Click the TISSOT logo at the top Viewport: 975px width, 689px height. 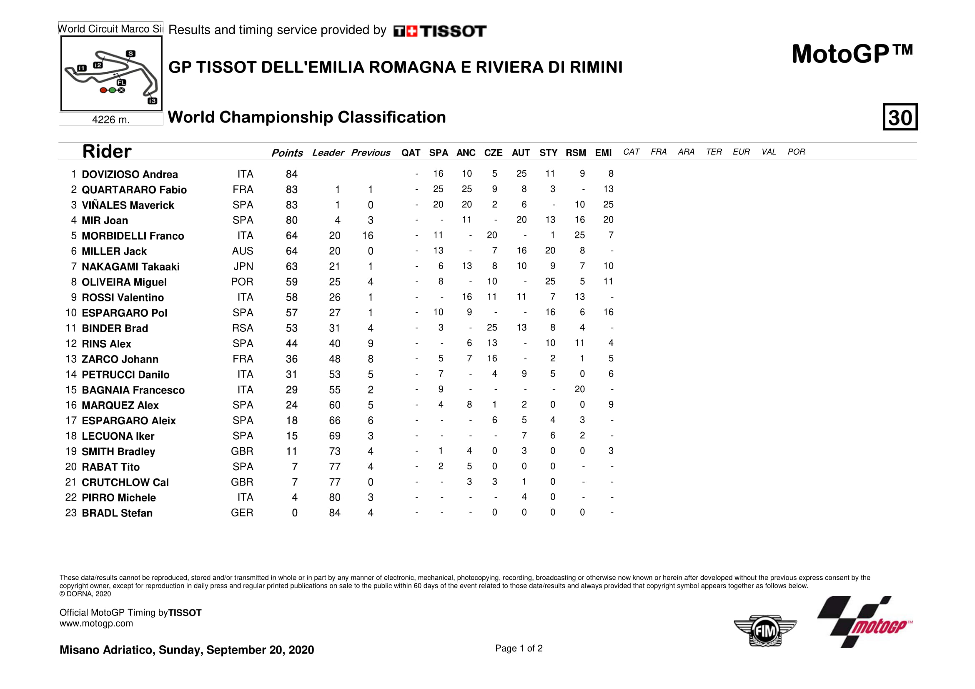[440, 31]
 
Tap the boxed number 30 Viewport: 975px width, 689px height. [900, 117]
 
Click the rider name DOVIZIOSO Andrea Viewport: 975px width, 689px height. [130, 175]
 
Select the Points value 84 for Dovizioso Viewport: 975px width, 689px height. [291, 174]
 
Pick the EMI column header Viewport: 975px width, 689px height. [603, 153]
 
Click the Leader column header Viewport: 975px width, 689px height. [328, 153]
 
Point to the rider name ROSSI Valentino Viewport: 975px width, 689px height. [123, 298]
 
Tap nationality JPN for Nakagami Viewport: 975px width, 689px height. [243, 267]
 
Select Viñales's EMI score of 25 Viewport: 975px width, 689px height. [608, 205]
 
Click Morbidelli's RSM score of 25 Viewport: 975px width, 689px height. [579, 235]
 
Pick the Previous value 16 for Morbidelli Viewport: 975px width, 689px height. [368, 236]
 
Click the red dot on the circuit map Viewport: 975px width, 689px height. [103, 90]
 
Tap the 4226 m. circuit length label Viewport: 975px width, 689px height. [111, 120]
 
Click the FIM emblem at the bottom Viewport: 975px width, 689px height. [765, 630]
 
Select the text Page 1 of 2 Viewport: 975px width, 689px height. [519, 648]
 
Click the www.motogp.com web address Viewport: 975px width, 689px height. [96, 623]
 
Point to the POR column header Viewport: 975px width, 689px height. [796, 152]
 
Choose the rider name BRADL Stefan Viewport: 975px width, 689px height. [117, 513]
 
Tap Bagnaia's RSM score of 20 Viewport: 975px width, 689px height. [579, 389]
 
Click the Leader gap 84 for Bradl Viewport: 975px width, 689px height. [334, 513]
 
